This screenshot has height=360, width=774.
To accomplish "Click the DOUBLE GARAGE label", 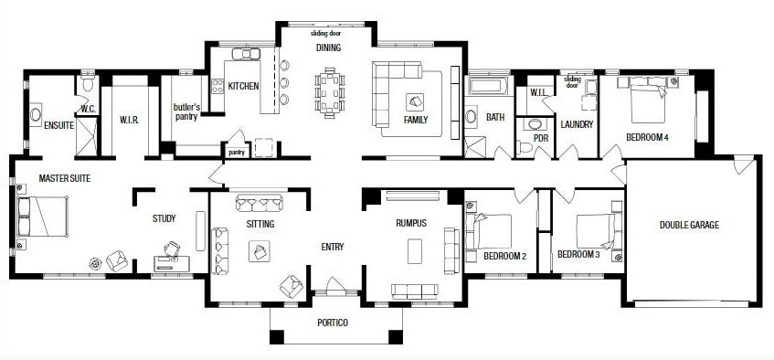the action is point(689,225).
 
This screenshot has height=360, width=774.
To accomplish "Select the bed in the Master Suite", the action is point(42,217).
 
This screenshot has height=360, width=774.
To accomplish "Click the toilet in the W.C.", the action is point(88,84).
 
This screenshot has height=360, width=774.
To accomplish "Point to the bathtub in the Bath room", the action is point(488,86).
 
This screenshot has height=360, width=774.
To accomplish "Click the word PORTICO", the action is point(333,323).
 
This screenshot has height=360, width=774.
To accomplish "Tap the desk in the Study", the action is point(171,263).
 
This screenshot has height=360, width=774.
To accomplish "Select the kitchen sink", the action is point(246,53).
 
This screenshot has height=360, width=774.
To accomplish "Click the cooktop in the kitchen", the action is point(217,87).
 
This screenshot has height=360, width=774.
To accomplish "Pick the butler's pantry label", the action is point(186,111).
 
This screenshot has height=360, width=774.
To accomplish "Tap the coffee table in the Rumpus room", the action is point(415,251).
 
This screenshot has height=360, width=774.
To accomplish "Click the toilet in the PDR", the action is point(525,147).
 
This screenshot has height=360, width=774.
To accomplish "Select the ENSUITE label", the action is point(58,125).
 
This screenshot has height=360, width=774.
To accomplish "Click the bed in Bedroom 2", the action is point(489,231).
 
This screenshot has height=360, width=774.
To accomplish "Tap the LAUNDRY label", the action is point(577,124).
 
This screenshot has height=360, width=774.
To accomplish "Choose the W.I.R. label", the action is point(130,120).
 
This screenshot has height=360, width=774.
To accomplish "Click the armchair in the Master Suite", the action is point(117,260).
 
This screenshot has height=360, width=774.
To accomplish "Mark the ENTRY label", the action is point(333,247).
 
